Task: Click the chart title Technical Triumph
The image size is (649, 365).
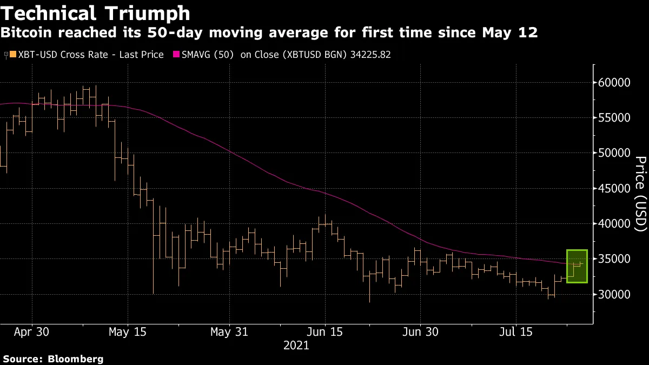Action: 95,13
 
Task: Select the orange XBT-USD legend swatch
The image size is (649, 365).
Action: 12,55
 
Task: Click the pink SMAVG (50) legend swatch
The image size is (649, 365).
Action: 176,55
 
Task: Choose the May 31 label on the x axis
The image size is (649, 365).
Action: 229,331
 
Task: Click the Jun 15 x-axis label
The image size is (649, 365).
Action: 325,331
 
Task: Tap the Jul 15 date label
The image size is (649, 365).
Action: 515,331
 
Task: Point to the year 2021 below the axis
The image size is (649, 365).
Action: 296,346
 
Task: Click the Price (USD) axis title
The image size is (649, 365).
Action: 640,194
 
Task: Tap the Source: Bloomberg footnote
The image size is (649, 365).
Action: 52,359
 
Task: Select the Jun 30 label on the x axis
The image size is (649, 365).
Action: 420,331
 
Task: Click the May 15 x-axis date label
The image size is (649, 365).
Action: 128,331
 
